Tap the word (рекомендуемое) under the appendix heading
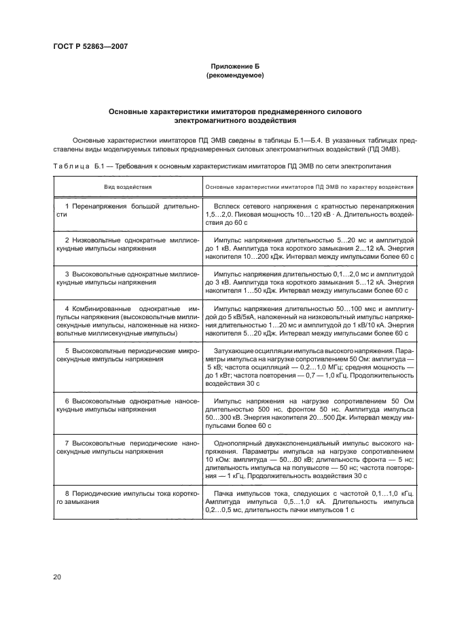point(234,76)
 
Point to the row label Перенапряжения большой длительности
point(127,210)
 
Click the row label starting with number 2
point(127,244)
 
